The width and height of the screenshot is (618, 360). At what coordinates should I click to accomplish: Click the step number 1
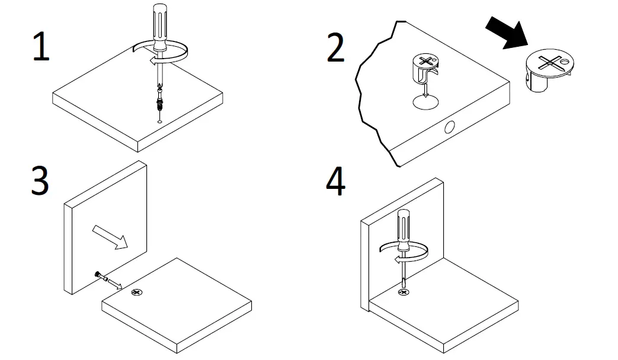pos(40,47)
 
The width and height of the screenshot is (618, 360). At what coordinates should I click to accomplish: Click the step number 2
pos(335,47)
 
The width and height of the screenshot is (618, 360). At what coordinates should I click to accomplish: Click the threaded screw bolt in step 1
pos(159,100)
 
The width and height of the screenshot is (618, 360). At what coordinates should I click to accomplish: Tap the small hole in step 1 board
pos(160,121)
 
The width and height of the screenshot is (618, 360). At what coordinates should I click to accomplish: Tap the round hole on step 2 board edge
pos(450,127)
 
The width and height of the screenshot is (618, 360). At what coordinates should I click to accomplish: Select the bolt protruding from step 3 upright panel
pos(103,277)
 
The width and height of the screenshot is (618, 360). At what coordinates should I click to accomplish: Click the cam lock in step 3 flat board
pos(137,292)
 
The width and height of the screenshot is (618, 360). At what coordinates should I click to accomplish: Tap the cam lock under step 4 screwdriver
pos(404,292)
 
